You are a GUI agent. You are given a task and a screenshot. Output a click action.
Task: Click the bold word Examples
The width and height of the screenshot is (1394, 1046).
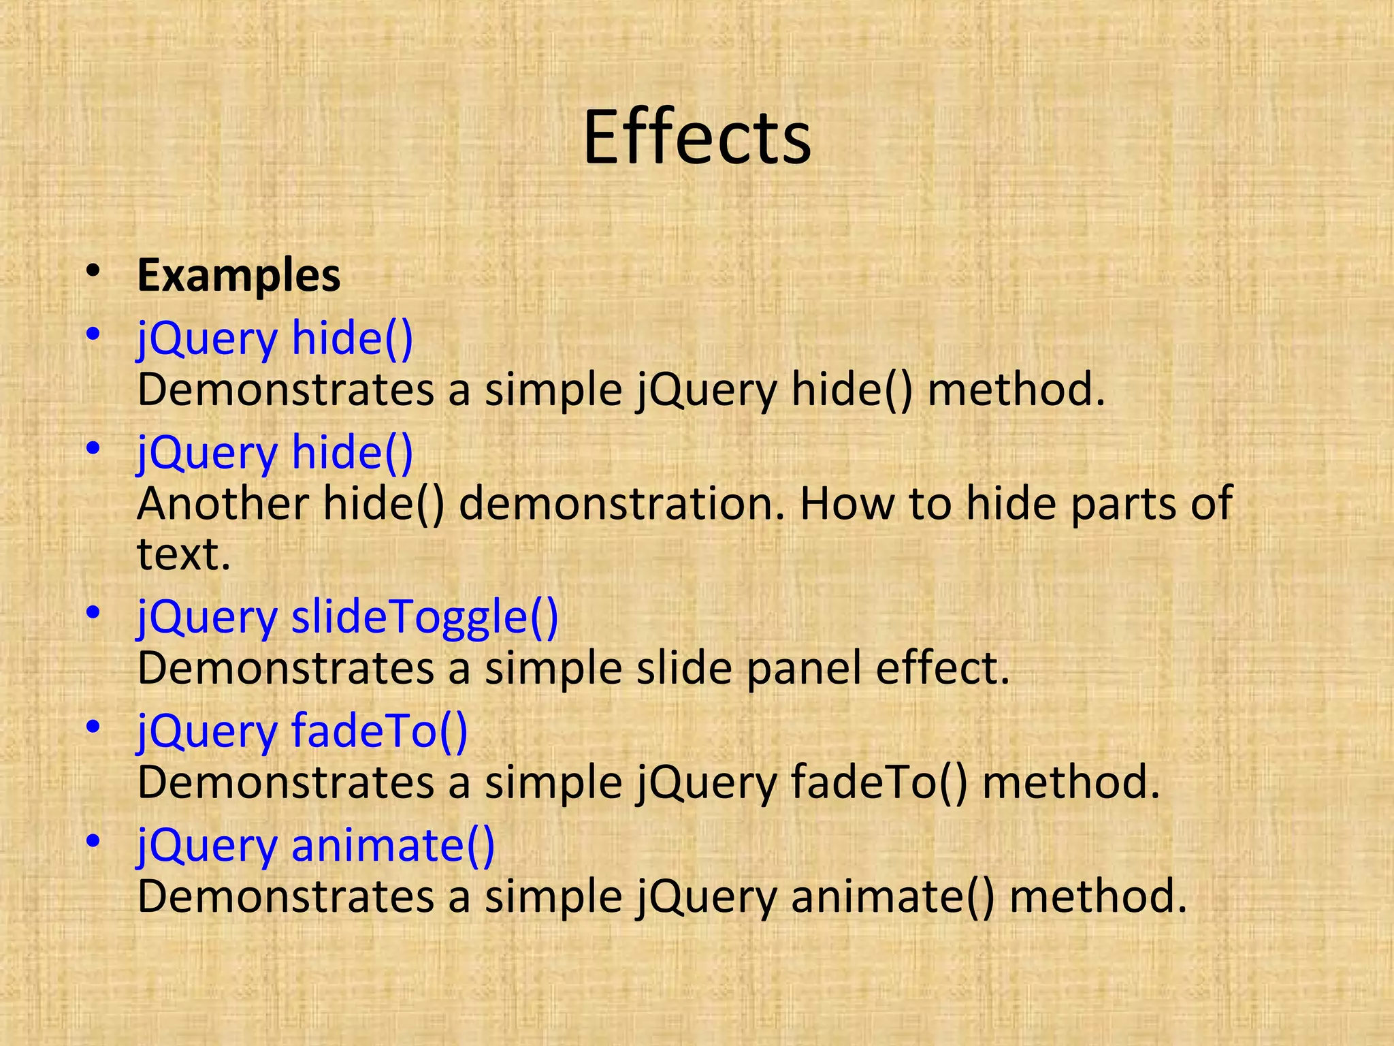pos(238,276)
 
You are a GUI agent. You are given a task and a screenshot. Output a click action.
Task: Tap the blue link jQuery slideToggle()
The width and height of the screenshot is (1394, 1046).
pos(347,617)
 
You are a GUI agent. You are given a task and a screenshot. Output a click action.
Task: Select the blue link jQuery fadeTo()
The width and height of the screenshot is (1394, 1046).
pos(302,731)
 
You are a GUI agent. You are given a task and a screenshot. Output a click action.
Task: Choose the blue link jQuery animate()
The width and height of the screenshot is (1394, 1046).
pos(316,845)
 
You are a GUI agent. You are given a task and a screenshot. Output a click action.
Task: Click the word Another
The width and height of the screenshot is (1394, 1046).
pos(223,503)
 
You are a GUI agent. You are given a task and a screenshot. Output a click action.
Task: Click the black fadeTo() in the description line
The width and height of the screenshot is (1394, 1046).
pos(879,782)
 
